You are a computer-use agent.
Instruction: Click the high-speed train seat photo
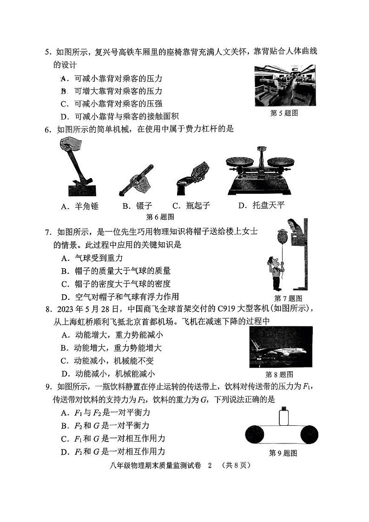click(x=284, y=86)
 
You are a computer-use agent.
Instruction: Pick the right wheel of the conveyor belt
click(x=310, y=435)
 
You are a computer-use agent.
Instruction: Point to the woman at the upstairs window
click(x=294, y=226)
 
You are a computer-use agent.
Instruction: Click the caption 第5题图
click(x=284, y=113)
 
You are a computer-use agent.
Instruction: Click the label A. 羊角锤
click(x=80, y=206)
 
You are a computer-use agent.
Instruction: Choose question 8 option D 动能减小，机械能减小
click(x=108, y=373)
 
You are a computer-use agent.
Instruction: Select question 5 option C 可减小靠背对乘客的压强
click(x=112, y=104)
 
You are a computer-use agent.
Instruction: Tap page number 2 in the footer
click(x=209, y=465)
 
